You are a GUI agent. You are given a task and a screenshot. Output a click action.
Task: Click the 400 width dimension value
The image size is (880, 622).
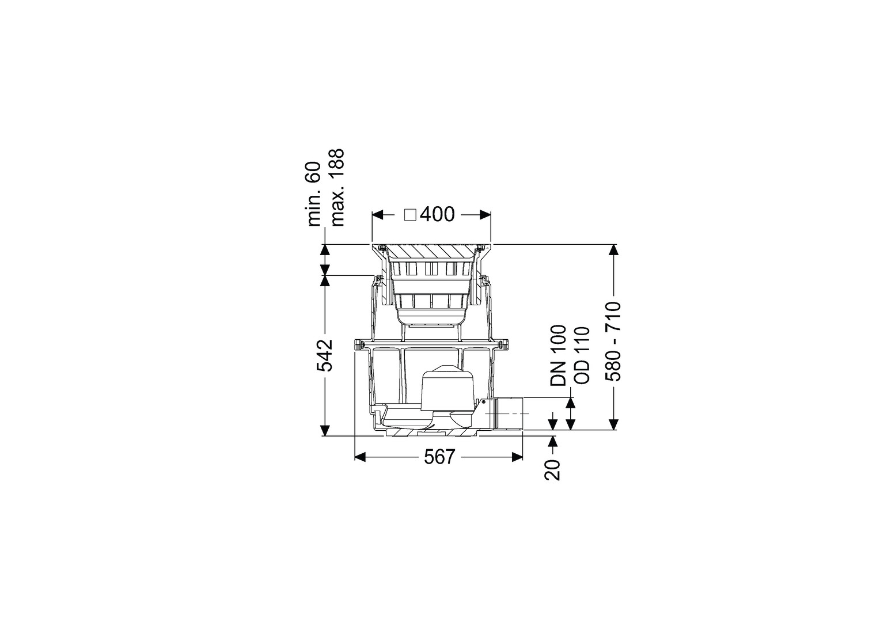[x=437, y=215]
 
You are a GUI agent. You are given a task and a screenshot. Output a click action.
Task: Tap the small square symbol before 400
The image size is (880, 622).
[x=411, y=215]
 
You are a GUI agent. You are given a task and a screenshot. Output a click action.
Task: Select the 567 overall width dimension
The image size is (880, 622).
[x=439, y=457]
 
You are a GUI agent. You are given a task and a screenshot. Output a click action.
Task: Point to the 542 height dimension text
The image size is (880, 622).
[x=325, y=355]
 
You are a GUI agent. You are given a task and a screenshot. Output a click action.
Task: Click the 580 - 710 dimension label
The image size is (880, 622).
[x=613, y=342]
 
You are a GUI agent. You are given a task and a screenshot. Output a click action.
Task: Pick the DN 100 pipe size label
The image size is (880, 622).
[x=558, y=355]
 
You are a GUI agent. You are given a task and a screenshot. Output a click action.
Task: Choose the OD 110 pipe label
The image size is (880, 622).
[x=582, y=355]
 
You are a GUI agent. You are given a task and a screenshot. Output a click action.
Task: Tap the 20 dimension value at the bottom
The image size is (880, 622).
[x=552, y=470]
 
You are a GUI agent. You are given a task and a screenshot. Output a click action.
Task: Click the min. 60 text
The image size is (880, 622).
[x=314, y=194]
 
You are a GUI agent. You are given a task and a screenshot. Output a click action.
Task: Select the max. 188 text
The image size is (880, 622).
[x=337, y=187]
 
